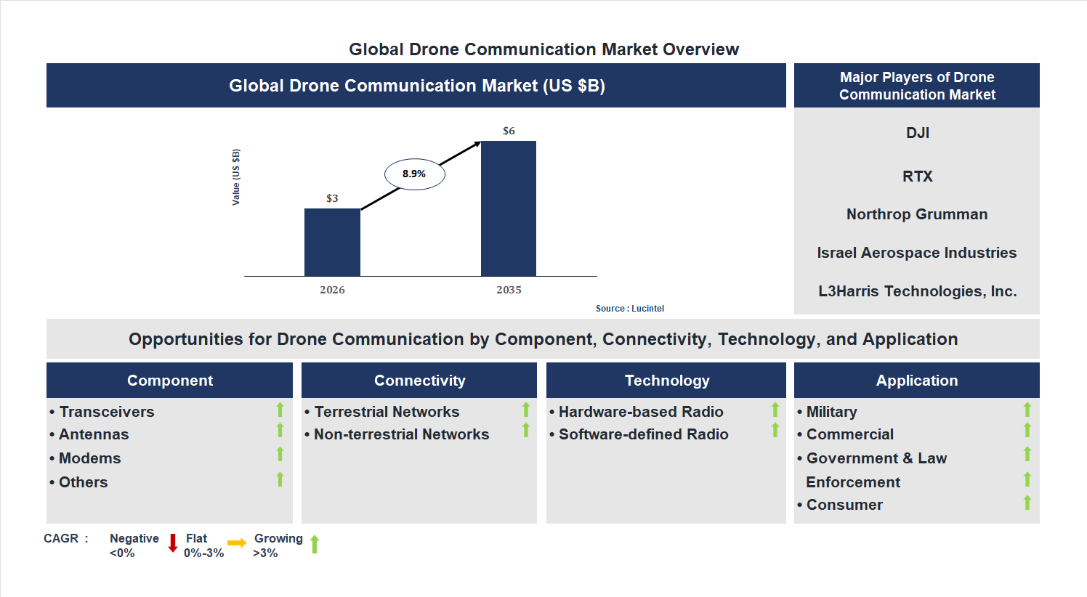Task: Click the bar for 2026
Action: (x=332, y=242)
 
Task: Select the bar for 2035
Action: (x=509, y=208)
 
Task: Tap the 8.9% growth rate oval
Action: (x=414, y=174)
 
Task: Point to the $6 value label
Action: (x=509, y=131)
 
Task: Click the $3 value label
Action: (x=332, y=198)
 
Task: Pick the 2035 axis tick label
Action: (x=509, y=290)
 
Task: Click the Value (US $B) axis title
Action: (x=236, y=177)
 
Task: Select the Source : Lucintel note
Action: (x=629, y=309)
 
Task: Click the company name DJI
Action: (x=917, y=133)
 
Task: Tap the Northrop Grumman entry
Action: (x=917, y=214)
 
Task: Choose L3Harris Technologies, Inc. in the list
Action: (x=917, y=291)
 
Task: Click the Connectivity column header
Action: (x=419, y=381)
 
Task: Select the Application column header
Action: (x=916, y=381)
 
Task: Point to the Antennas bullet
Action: (x=94, y=434)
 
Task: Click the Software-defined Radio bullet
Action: (x=643, y=434)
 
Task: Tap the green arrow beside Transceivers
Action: (x=280, y=410)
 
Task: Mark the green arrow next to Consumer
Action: (x=1027, y=503)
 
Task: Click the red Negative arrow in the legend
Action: (x=173, y=543)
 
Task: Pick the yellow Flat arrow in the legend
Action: (x=237, y=543)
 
